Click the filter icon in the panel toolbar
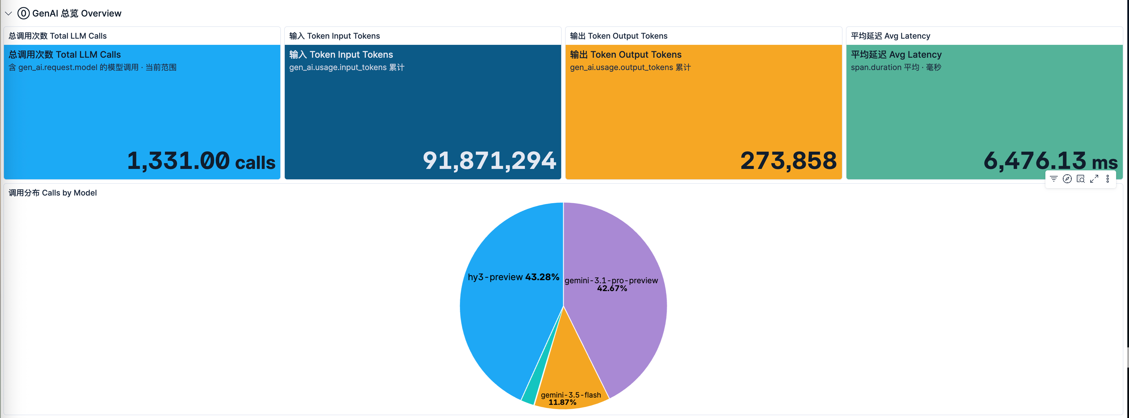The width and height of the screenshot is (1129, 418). tap(1054, 178)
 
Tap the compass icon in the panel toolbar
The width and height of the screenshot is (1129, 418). tap(1067, 178)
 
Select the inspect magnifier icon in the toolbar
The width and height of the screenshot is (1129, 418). tap(1081, 178)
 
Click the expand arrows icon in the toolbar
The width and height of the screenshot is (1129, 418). tap(1094, 178)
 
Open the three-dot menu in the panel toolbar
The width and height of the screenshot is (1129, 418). tap(1107, 178)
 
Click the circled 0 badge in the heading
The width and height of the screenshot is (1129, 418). tap(24, 13)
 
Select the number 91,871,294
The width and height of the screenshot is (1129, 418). tap(489, 161)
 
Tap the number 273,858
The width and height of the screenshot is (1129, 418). tap(788, 161)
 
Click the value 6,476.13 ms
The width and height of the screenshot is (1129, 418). tap(1050, 161)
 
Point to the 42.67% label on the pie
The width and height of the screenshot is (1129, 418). tap(612, 288)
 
